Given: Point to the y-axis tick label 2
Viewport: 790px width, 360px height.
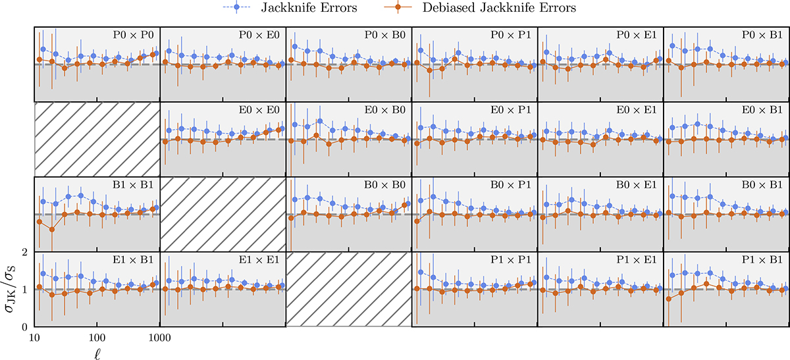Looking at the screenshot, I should (x=24, y=252).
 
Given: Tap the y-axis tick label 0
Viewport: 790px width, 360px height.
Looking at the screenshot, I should (x=24, y=326).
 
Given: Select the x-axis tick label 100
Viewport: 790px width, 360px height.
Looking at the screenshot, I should (x=97, y=336).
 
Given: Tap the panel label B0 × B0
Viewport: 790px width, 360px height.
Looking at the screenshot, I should (x=386, y=185).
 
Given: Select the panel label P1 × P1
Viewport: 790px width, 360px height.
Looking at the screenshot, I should (x=513, y=260).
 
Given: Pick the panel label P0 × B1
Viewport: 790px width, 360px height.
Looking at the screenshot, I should (x=765, y=35).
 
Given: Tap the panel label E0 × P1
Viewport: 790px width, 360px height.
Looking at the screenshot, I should (x=513, y=110).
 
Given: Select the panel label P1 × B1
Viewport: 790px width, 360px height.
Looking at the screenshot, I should (x=765, y=260).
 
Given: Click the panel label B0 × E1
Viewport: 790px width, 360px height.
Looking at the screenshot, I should (x=639, y=185).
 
